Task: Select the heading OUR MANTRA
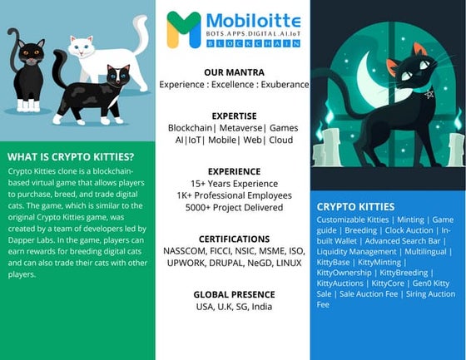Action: (x=233, y=72)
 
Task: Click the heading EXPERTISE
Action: (x=233, y=116)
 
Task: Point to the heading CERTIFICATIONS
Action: (x=233, y=239)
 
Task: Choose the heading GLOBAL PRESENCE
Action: (x=233, y=294)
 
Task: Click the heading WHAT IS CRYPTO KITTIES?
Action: (x=71, y=156)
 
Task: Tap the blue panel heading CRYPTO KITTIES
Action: (x=355, y=206)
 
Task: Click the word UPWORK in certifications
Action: (x=186, y=263)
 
